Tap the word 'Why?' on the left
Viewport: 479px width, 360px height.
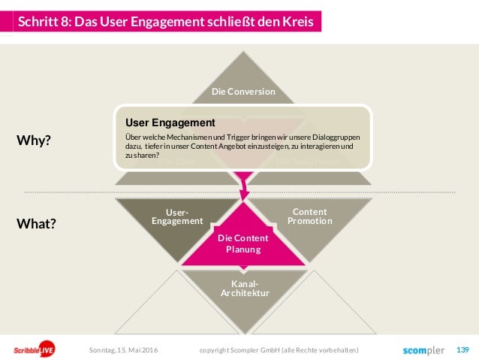click(33, 140)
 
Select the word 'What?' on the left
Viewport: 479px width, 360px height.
click(35, 223)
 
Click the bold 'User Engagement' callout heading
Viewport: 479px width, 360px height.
click(170, 122)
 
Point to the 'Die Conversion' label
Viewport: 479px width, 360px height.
click(243, 92)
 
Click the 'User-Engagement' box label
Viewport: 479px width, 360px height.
click(177, 216)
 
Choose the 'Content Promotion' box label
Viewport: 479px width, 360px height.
click(309, 216)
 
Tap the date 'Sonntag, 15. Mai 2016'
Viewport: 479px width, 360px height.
click(124, 350)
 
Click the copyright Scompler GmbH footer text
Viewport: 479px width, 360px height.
click(279, 350)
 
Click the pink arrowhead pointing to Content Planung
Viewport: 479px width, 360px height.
click(243, 194)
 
